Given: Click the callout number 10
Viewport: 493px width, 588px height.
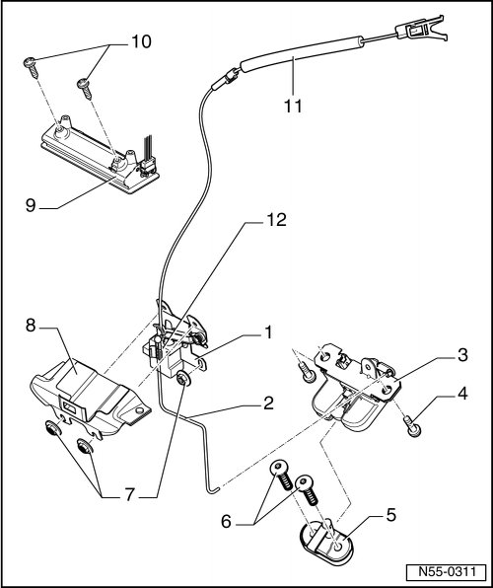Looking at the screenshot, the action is pyautogui.click(x=141, y=41).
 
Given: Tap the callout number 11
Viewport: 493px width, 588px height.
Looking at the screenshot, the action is pyautogui.click(x=293, y=106).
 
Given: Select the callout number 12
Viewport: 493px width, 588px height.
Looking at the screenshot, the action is pyautogui.click(x=276, y=220).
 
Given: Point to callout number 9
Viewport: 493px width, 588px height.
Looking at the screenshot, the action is pyautogui.click(x=31, y=205).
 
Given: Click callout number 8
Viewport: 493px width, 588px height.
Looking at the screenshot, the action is pyautogui.click(x=31, y=326).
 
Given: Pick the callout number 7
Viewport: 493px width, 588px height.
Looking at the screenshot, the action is pyautogui.click(x=129, y=495).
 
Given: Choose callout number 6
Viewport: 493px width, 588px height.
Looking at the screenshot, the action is pyautogui.click(x=226, y=521).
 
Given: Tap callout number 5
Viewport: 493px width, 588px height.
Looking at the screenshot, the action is pyautogui.click(x=391, y=515).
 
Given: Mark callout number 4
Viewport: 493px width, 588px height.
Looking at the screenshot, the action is pyautogui.click(x=462, y=394).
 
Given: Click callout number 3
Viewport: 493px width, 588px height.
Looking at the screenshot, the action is pyautogui.click(x=463, y=355).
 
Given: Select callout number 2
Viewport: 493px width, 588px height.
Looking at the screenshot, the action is pyautogui.click(x=268, y=404).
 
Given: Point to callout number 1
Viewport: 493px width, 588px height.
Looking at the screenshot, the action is pyautogui.click(x=268, y=332).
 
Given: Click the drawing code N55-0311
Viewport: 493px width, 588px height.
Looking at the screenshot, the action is pyautogui.click(x=447, y=572).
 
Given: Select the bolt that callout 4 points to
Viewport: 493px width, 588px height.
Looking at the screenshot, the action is pyautogui.click(x=412, y=427).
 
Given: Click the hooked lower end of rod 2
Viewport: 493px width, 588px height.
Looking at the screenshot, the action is pyautogui.click(x=213, y=489).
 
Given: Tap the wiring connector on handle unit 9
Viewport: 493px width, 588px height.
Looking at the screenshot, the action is pyautogui.click(x=149, y=166).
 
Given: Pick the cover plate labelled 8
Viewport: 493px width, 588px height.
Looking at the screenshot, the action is pyautogui.click(x=89, y=398).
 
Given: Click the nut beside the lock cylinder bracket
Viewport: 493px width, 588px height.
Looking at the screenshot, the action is pyautogui.click(x=183, y=379).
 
